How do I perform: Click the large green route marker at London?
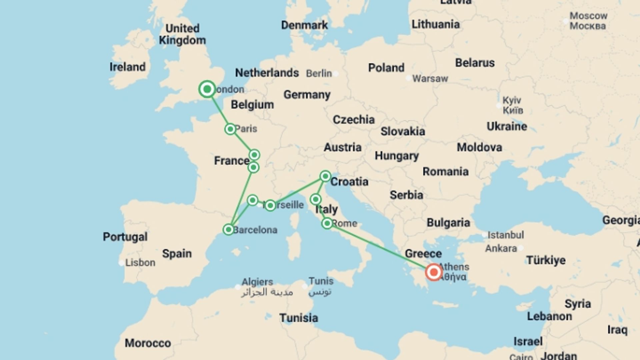pos(207,89)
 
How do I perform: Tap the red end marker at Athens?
pos(434,272)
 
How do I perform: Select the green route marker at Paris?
pos(230,129)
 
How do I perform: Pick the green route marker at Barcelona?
pos(228,229)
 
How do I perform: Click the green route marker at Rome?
pos(327,223)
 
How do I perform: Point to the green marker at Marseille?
pos(270,205)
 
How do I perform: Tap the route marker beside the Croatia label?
pos(325,176)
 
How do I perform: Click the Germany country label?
pos(307,95)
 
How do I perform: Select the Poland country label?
pos(386,68)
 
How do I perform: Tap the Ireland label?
pos(127,67)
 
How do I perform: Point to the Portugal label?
pos(125,237)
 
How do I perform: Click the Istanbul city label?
pos(505,235)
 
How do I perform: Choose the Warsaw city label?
pos(430,79)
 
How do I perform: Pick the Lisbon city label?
pos(140,263)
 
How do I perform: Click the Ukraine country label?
pos(507,126)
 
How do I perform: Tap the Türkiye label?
pos(546,260)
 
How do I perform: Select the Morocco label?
pos(148,343)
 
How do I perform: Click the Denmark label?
pos(304,25)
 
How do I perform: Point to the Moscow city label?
pos(588,16)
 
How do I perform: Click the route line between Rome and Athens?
pos(380,248)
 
